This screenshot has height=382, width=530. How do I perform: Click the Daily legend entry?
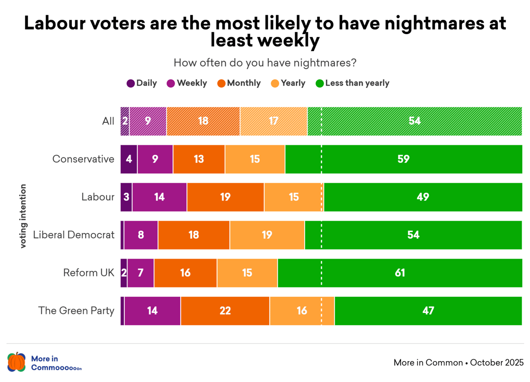click(x=141, y=83)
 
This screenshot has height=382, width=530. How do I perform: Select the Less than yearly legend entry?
click(x=352, y=83)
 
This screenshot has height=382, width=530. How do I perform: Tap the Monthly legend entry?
click(x=239, y=83)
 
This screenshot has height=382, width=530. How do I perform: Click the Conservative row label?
click(x=83, y=159)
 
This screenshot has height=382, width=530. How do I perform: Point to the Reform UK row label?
click(x=89, y=273)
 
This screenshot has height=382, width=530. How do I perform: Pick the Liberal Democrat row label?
click(x=74, y=235)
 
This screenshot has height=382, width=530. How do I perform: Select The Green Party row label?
click(x=77, y=311)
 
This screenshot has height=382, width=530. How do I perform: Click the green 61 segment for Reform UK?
click(x=400, y=273)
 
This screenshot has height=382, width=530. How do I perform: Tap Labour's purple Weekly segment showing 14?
click(x=159, y=197)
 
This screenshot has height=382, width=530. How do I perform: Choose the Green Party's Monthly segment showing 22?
click(x=225, y=311)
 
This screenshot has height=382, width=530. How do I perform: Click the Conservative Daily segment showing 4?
click(x=129, y=159)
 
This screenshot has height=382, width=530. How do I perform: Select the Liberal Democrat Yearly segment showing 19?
click(x=267, y=235)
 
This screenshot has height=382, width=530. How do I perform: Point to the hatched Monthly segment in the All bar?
click(x=203, y=121)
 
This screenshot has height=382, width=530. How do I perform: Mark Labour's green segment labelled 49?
click(x=423, y=197)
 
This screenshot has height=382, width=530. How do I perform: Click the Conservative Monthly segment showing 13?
click(x=199, y=159)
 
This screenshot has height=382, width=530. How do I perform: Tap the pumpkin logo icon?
click(x=17, y=362)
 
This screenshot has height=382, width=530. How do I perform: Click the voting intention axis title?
click(x=23, y=216)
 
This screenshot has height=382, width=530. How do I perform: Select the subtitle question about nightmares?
click(x=265, y=63)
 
